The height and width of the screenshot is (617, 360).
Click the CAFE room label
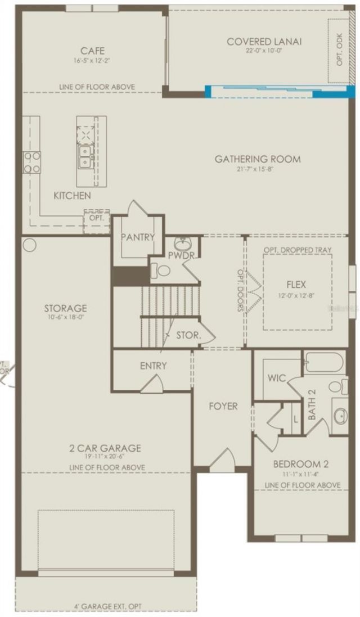[93, 50]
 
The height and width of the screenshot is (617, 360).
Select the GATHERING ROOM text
[258, 159]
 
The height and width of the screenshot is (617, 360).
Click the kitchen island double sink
[85, 157]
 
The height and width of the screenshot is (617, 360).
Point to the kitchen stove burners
[31, 163]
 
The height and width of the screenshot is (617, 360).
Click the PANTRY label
[137, 237]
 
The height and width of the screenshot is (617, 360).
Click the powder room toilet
[163, 271]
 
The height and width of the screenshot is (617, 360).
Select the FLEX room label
[296, 285]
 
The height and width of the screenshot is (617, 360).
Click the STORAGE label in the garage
[66, 308]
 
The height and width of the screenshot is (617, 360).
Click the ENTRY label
[154, 366]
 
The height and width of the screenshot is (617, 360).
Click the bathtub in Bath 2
[325, 362]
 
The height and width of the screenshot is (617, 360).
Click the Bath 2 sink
[340, 416]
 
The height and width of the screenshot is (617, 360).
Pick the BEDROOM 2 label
[301, 465]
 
